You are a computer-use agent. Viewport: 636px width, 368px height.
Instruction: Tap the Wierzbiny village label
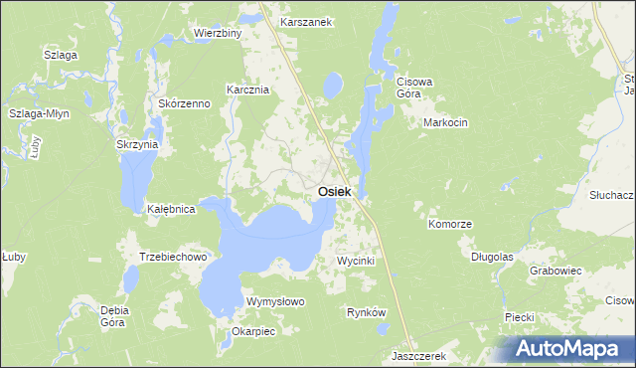pos(219,33)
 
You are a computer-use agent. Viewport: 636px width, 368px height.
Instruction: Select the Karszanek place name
pos(305,21)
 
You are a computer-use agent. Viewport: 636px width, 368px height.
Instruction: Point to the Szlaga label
pos(60,55)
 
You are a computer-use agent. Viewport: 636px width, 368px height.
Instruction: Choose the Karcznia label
pos(248,89)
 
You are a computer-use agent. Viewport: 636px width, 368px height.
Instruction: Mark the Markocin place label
pos(445,122)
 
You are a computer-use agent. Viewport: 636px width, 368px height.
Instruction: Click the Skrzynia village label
pos(137,144)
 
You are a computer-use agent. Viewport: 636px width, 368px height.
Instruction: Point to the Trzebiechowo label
pos(172,257)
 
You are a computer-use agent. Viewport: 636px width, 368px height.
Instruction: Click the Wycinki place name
pos(356,260)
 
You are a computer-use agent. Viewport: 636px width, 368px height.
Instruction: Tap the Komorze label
pos(449,225)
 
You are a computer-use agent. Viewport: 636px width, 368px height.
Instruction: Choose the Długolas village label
pos(492,256)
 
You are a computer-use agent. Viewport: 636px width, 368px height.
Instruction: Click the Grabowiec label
pos(556,270)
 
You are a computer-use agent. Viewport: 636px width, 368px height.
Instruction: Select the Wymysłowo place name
pos(275,300)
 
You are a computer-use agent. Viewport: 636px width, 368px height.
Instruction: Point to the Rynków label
pos(366,312)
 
